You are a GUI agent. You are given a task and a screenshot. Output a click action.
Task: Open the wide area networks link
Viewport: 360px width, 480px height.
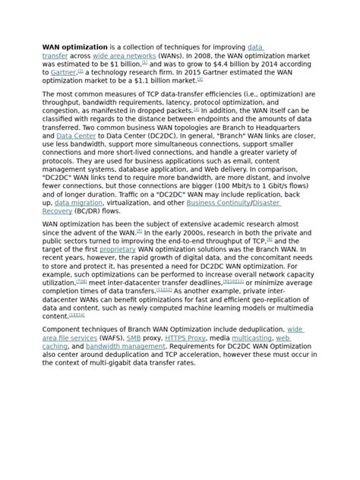(x=125, y=56)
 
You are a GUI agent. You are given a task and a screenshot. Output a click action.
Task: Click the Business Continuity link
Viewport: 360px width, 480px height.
(x=219, y=204)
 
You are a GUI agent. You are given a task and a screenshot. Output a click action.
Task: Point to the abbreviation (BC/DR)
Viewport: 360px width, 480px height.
(x=101, y=213)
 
